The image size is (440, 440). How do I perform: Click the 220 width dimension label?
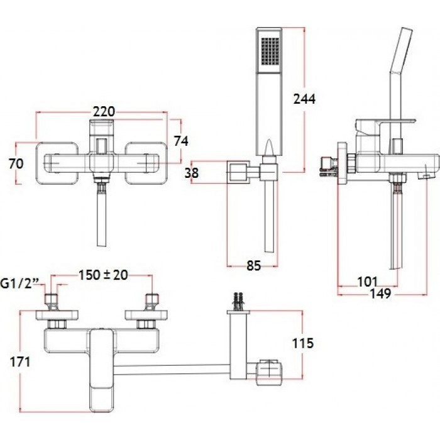coord(103,111)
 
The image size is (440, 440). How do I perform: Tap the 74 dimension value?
coord(181,141)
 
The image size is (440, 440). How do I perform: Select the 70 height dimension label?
coord(17,163)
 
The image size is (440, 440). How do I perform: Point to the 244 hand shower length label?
coord(304,99)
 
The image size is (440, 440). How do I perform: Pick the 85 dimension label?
coord(253,266)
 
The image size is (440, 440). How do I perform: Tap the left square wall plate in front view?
coord(58,163)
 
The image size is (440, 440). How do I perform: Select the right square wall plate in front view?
coord(146,163)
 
